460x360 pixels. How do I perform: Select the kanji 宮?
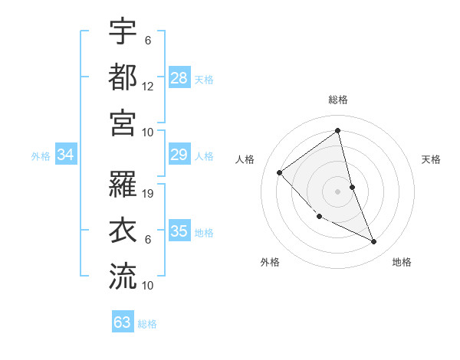pos(123,123)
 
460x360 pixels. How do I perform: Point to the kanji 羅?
pos(123,184)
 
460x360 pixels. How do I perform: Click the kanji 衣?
pos(123,230)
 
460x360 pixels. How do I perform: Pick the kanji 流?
pos(123,276)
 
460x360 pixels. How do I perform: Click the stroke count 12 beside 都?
pos(148,87)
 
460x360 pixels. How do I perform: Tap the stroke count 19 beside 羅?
pos(148,194)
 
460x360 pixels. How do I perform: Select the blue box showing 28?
pos(179,77)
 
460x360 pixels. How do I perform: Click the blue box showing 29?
pos(179,155)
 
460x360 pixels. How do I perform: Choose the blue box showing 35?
pos(179,231)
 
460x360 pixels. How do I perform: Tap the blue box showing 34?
pos(66,155)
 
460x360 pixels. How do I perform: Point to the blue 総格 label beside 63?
pos(148,324)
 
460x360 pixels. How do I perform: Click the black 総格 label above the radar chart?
pos(338,100)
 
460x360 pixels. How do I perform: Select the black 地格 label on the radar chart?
pos(402,262)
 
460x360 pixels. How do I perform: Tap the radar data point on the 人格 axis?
pos(280,172)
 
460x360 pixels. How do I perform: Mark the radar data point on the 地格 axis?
pos(374,242)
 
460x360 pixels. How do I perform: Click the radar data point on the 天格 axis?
pos(352,187)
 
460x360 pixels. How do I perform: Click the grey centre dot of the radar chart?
pos(338,191)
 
